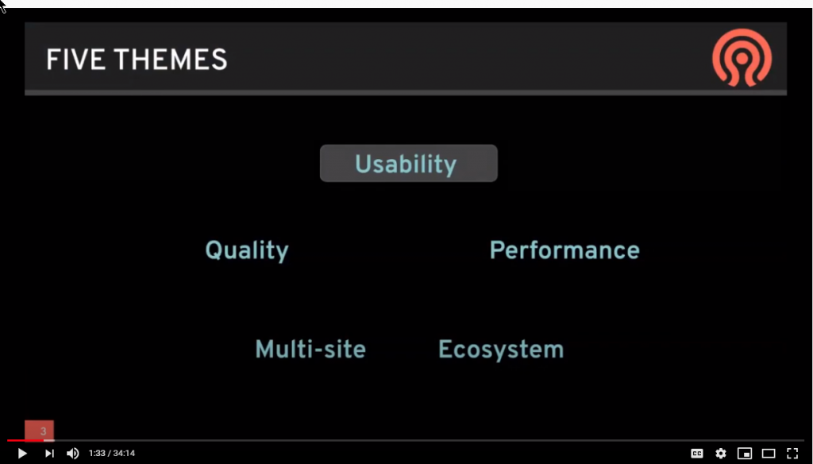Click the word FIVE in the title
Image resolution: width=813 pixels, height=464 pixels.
tap(71, 60)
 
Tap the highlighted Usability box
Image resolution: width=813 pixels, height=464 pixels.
tap(408, 164)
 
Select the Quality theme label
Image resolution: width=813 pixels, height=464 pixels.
tap(247, 250)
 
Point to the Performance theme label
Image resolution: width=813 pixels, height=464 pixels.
tap(564, 250)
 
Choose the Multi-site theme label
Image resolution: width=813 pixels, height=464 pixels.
tap(310, 349)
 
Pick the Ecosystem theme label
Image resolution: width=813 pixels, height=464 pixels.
tap(501, 349)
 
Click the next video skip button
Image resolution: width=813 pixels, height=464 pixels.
tap(49, 453)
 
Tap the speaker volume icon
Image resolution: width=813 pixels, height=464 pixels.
tap(72, 453)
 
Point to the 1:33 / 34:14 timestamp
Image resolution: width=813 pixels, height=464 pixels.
tap(112, 454)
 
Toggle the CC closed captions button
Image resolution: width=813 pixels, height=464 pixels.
tap(696, 454)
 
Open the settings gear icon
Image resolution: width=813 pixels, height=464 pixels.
tap(720, 454)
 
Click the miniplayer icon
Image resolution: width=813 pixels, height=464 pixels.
tap(744, 454)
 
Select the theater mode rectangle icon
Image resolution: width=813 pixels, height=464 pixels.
tap(768, 454)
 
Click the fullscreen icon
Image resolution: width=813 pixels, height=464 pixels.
tap(792, 454)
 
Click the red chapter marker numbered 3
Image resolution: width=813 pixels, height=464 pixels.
tap(40, 431)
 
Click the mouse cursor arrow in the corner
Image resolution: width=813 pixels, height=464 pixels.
tap(4, 6)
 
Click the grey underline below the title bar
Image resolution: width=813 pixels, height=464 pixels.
tap(406, 93)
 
